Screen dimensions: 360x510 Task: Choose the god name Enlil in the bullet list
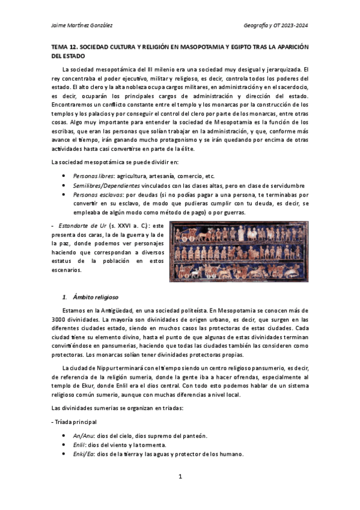click(x=79, y=444)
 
